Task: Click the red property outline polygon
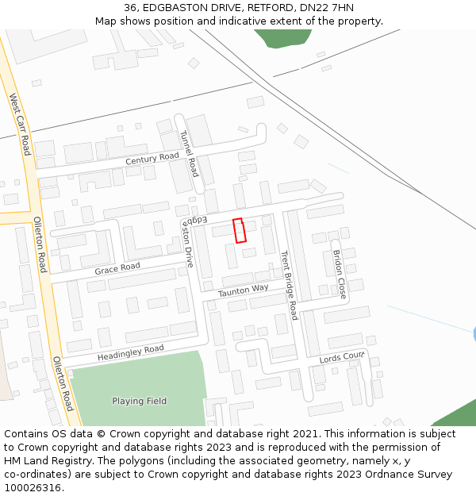pos(239,230)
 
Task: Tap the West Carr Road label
pos(20,124)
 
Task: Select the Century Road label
pos(152,158)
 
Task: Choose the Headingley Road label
pos(131,352)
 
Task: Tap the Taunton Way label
pos(244,290)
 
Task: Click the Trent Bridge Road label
pos(288,285)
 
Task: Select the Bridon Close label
pos(339,274)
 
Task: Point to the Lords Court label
pos(342,358)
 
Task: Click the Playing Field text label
pos(139,401)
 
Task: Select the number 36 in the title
pos(130,8)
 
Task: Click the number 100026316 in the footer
pos(33,487)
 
